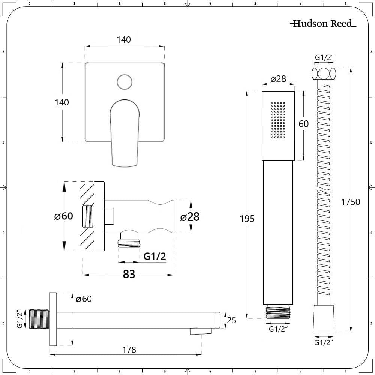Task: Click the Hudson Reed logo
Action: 323,24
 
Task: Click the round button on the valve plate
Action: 124,82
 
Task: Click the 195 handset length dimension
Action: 247,218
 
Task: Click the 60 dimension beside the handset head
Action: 303,123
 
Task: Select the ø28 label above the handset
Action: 278,79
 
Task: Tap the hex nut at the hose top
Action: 323,73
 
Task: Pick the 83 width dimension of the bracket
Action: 129,274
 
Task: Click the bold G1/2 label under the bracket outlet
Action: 154,256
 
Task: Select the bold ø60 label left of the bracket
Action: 63,216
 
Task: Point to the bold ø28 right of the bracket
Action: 190,217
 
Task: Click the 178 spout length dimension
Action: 129,349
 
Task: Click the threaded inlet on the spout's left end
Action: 39,319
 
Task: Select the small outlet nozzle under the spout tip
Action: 200,330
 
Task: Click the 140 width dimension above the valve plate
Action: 124,39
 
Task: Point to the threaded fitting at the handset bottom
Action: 278,312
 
